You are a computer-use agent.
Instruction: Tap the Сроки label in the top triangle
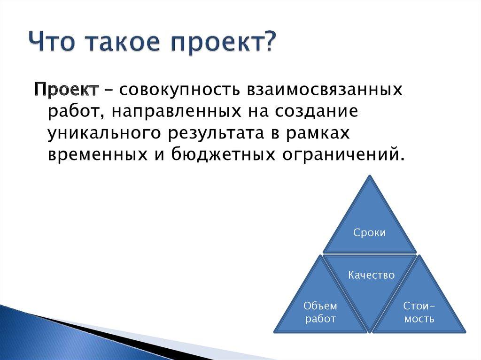pos(370,233)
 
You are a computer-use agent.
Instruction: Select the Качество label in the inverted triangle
pos(371,275)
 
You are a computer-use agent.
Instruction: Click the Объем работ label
pos(320,312)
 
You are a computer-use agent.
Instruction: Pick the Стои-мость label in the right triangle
pos(419,312)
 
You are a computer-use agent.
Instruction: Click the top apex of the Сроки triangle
pos(370,176)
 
